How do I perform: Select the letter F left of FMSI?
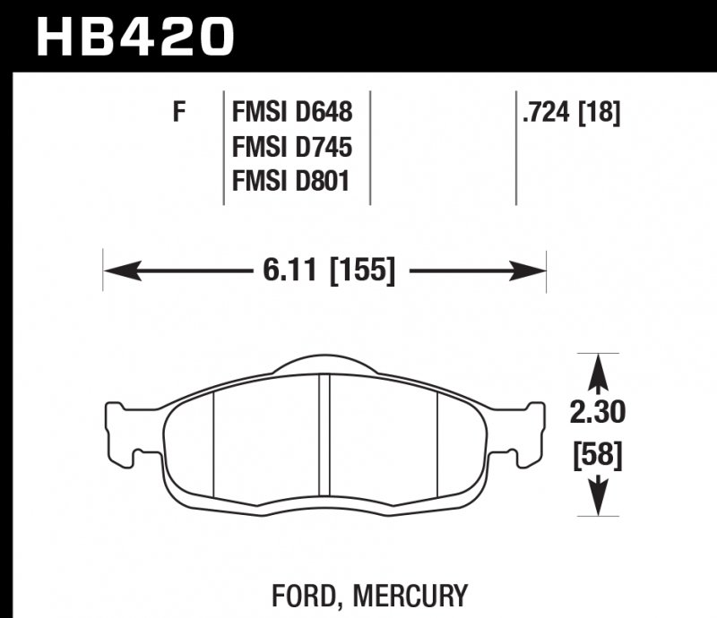point(179,113)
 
